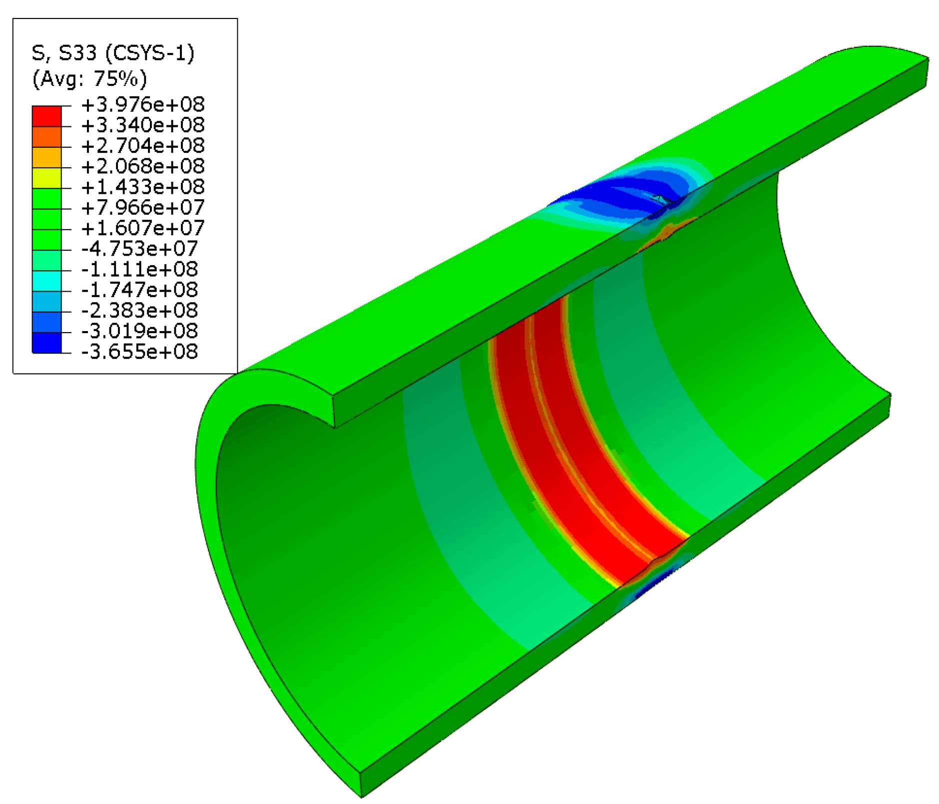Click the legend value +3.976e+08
coord(143,105)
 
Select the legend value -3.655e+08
coord(139,352)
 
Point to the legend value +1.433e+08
coord(143,187)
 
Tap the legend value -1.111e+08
coord(139,269)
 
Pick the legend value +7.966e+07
coord(143,207)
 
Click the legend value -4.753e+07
coord(139,248)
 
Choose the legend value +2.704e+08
coord(143,146)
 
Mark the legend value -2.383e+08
coord(139,310)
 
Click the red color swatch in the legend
coord(47,116)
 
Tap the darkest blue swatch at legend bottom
coord(47,343)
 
